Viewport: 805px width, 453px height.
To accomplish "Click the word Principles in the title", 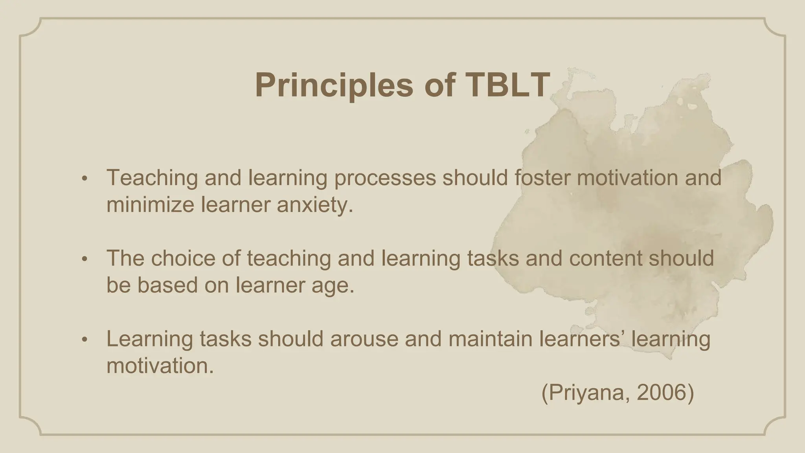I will (334, 85).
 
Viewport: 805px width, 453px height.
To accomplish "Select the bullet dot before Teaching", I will (84, 179).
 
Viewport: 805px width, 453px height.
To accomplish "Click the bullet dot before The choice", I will (84, 260).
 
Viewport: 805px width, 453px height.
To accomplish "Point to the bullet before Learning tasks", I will (84, 340).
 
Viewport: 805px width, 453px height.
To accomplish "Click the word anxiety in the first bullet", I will (314, 205).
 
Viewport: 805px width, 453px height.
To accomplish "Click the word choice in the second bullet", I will (183, 258).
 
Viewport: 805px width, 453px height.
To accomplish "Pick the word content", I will (606, 258).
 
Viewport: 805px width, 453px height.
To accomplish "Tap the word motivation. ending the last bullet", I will (160, 366).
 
